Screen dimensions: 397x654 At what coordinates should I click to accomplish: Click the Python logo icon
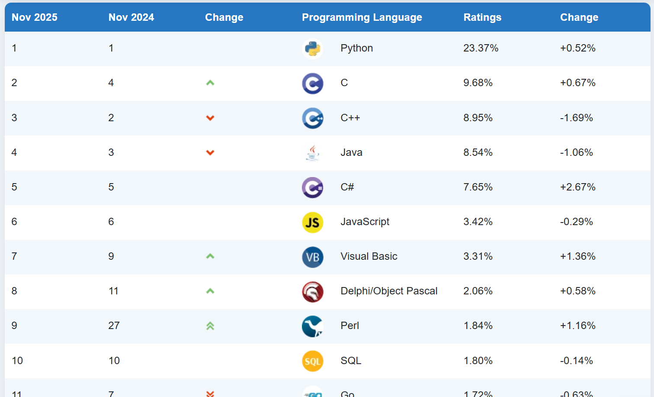pyautogui.click(x=312, y=48)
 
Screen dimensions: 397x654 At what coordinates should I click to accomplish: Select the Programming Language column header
pyautogui.click(x=362, y=17)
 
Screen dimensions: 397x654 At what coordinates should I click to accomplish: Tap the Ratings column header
pyautogui.click(x=482, y=17)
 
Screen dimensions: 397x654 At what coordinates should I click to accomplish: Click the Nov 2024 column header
pyautogui.click(x=131, y=17)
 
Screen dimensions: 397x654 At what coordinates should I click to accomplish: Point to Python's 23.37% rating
pyautogui.click(x=481, y=48)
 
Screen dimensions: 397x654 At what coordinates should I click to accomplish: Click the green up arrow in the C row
pyautogui.click(x=210, y=83)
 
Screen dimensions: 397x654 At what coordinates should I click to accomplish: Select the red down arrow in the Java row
pyautogui.click(x=210, y=152)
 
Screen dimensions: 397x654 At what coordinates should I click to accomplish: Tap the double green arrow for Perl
pyautogui.click(x=210, y=326)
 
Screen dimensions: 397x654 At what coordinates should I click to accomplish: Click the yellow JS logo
pyautogui.click(x=312, y=222)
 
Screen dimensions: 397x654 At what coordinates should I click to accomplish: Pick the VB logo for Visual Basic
pyautogui.click(x=312, y=257)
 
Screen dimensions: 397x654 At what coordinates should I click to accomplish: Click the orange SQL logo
pyautogui.click(x=312, y=361)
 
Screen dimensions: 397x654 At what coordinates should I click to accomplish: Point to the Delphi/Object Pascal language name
pyautogui.click(x=389, y=291)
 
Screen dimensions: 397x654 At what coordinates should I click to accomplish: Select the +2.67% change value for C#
pyautogui.click(x=577, y=187)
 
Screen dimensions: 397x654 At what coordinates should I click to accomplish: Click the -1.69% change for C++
pyautogui.click(x=576, y=118)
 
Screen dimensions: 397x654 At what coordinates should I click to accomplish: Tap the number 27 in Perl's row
pyautogui.click(x=114, y=326)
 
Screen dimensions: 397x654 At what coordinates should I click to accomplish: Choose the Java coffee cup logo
pyautogui.click(x=312, y=153)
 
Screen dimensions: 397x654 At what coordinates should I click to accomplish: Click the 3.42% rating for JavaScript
pyautogui.click(x=478, y=222)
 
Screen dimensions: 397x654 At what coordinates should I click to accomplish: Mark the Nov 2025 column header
pyautogui.click(x=34, y=17)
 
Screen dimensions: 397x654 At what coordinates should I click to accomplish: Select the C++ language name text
pyautogui.click(x=350, y=118)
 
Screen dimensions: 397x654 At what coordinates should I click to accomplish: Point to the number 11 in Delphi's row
pyautogui.click(x=113, y=291)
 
